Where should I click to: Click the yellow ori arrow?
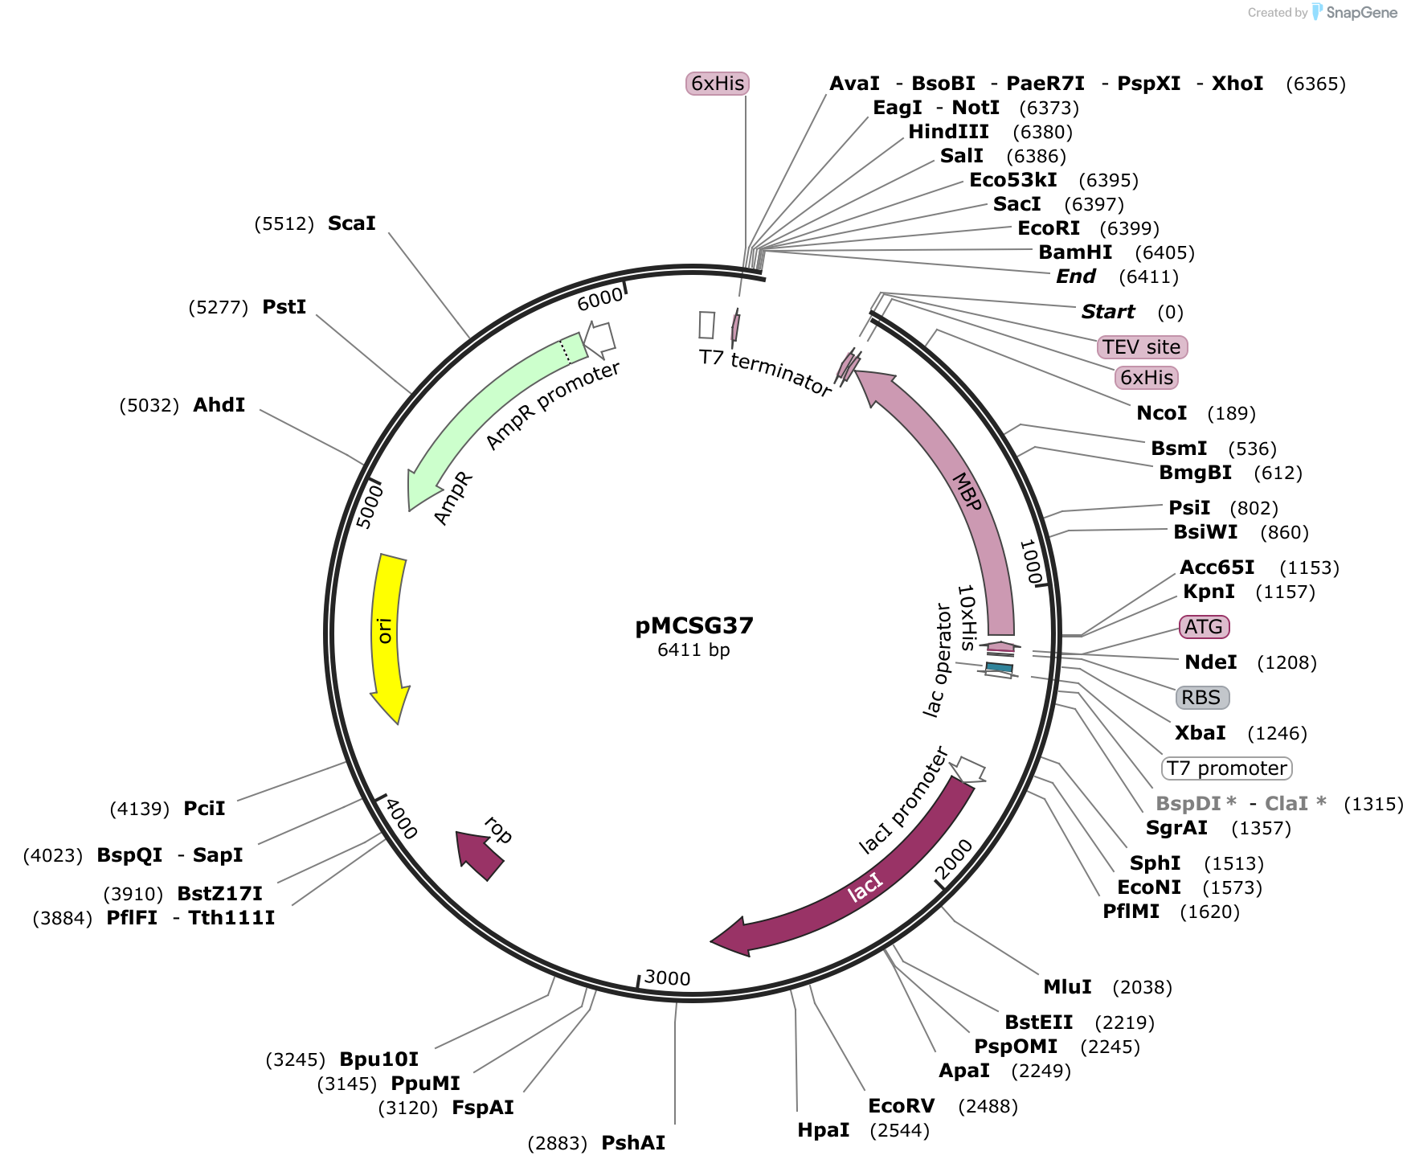(x=387, y=635)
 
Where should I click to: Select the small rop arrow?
(x=480, y=855)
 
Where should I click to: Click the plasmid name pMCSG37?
(x=694, y=625)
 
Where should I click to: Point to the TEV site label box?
(x=1141, y=347)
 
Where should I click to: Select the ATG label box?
(x=1204, y=627)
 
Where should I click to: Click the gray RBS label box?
(x=1201, y=698)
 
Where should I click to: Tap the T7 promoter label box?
(x=1226, y=768)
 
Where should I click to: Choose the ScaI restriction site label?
(x=351, y=223)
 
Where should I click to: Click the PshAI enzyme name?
(x=633, y=1143)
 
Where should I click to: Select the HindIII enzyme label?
(x=948, y=132)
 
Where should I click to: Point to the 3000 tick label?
(x=667, y=978)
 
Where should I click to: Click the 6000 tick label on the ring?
(x=600, y=298)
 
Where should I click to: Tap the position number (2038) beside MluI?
(x=1142, y=987)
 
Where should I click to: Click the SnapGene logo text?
(x=1362, y=12)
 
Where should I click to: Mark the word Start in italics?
(x=1107, y=312)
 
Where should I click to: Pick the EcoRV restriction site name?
(x=901, y=1106)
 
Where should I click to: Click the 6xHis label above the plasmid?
(x=718, y=84)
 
